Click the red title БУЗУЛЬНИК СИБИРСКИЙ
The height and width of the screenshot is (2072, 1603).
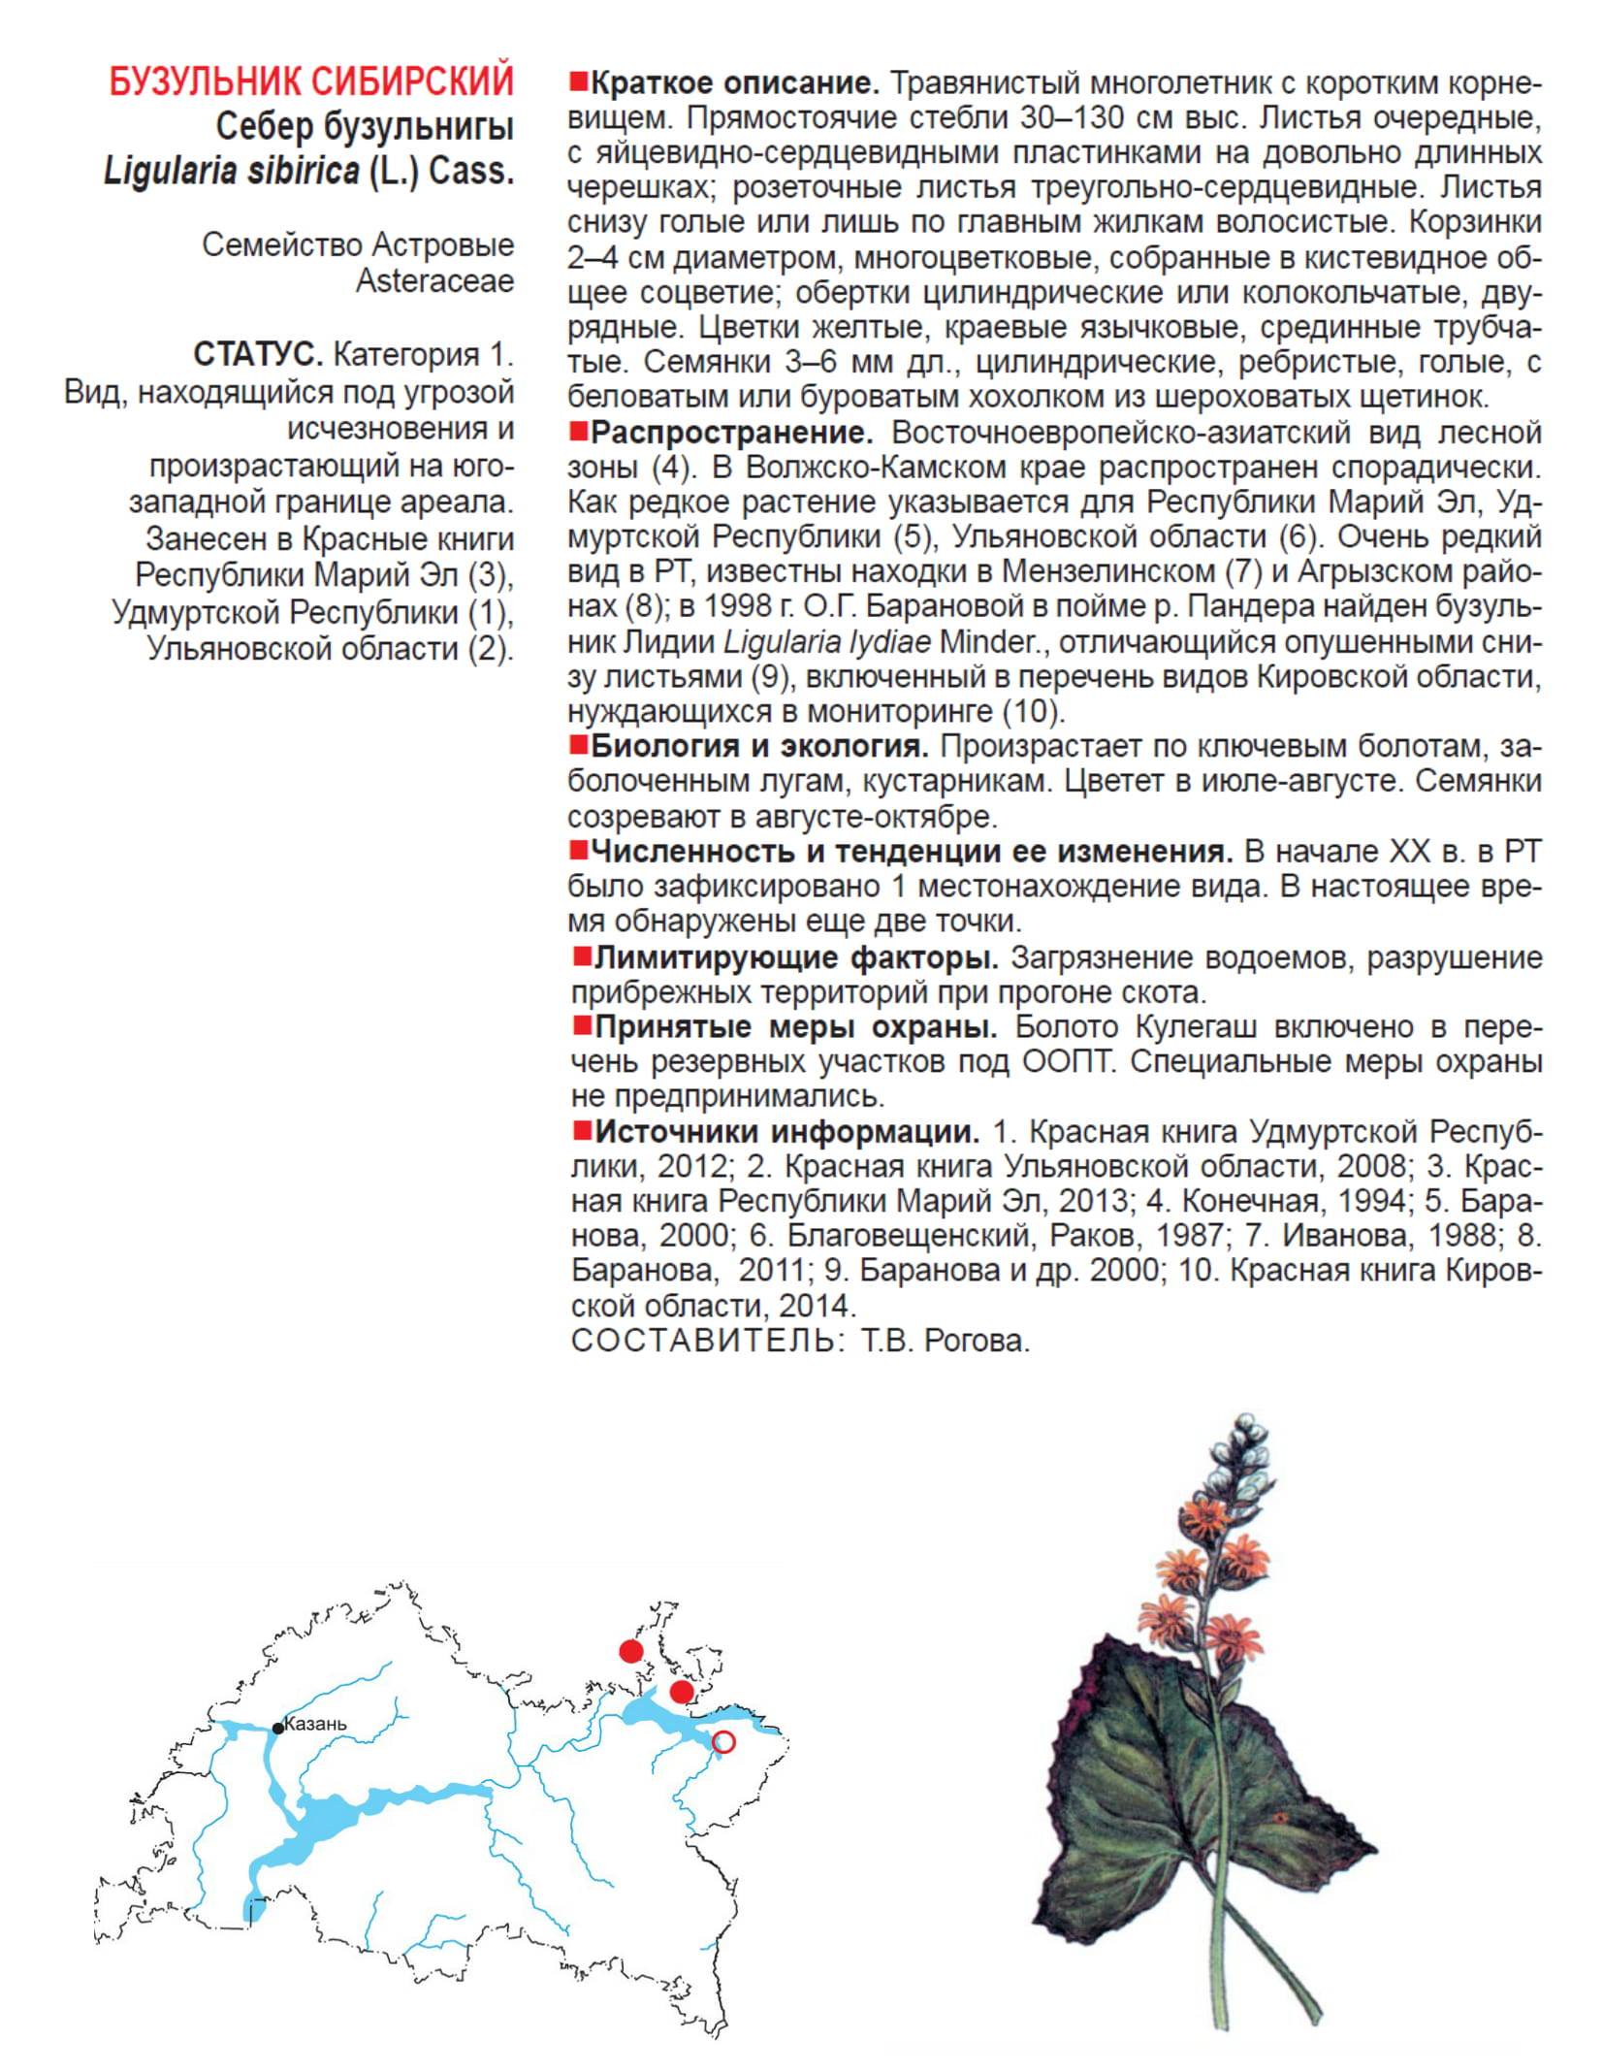(310, 82)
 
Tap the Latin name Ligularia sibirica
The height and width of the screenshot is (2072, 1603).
(231, 172)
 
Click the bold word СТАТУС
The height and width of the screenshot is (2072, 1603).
(257, 355)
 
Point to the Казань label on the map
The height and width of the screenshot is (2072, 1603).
(315, 1724)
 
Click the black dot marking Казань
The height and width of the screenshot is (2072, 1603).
(278, 1728)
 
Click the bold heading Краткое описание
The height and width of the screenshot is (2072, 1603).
(734, 83)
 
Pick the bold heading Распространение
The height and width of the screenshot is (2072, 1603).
(732, 433)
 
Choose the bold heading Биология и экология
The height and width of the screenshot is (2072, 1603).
(759, 747)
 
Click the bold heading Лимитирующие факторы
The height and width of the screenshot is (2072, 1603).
(796, 958)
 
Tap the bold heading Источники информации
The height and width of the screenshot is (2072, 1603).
(786, 1131)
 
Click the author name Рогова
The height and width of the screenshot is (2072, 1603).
(977, 1341)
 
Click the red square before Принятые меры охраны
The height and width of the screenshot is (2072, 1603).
(582, 1025)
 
